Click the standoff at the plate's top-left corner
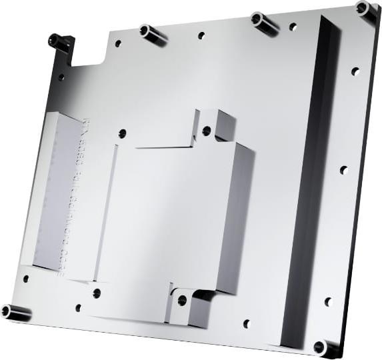pos(59,42)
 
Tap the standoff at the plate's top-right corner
pos(365,9)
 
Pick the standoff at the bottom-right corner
pos(325,347)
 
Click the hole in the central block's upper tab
pos(207,131)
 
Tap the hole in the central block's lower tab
pos(182,301)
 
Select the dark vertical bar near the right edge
pos(310,180)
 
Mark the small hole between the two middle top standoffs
pos(201,35)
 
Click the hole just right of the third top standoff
pos(293,27)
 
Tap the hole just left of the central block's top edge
pos(122,133)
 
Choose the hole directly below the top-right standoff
pos(355,71)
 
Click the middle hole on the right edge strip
pos(343,170)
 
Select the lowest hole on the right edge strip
pos(328,301)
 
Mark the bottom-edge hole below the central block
pos(246,324)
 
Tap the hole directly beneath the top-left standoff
pos(61,77)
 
